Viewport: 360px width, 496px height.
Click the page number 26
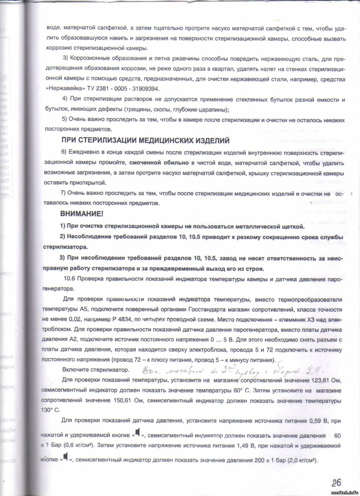(336, 482)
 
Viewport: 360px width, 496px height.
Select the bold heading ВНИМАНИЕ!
(82, 214)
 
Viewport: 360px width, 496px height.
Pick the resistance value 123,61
(316, 380)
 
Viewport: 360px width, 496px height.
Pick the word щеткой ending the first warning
(292, 227)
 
